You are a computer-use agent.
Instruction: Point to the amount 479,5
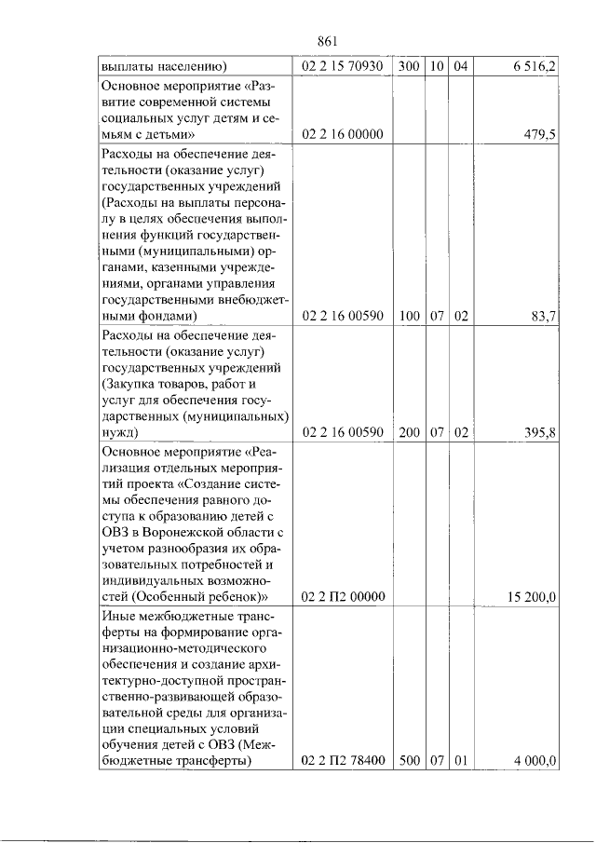[540, 135]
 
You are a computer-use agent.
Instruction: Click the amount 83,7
[544, 317]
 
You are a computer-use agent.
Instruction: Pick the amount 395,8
[540, 432]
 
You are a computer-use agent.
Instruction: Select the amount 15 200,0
[532, 597]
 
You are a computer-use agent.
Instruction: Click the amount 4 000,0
[535, 761]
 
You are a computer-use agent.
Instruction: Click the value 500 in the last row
[410, 761]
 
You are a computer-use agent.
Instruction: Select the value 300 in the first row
[410, 66]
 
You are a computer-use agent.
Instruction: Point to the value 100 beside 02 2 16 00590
[410, 317]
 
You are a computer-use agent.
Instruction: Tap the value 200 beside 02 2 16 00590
[410, 432]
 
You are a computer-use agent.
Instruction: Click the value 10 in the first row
[437, 66]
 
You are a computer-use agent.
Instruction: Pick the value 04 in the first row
[460, 66]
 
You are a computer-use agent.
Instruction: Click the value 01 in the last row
[460, 761]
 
